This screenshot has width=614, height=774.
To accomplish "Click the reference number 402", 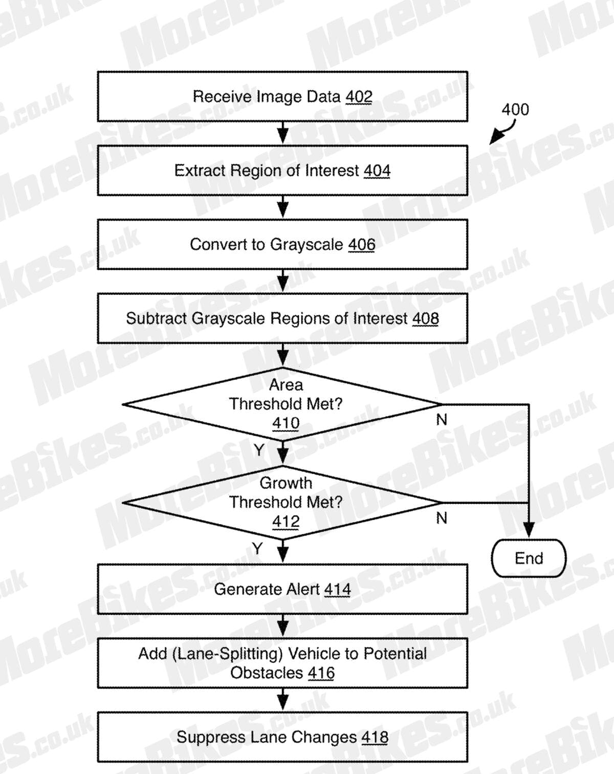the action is (359, 97).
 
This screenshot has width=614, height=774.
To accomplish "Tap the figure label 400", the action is (515, 110).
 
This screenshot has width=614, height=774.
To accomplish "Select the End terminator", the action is (529, 558).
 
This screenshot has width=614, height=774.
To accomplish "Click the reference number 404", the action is (377, 170).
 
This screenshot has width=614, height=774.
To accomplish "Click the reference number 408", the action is (425, 319).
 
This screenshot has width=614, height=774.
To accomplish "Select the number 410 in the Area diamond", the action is (286, 423).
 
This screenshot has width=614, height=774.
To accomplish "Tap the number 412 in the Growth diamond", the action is (286, 522).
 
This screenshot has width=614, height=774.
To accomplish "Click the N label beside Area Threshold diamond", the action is (442, 420).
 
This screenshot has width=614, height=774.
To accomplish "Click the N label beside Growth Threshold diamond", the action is (442, 518).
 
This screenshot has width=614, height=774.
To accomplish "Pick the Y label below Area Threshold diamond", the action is (259, 450).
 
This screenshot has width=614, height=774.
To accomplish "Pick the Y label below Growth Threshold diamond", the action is (257, 548).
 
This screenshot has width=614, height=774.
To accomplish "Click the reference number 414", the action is (337, 590).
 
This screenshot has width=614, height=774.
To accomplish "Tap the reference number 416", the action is (321, 673).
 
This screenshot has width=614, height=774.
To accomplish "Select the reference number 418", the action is (375, 737).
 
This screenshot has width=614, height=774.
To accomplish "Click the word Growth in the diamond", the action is (286, 483).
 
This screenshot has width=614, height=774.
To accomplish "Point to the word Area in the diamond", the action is (286, 385).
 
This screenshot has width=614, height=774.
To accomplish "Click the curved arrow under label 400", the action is (503, 132).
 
